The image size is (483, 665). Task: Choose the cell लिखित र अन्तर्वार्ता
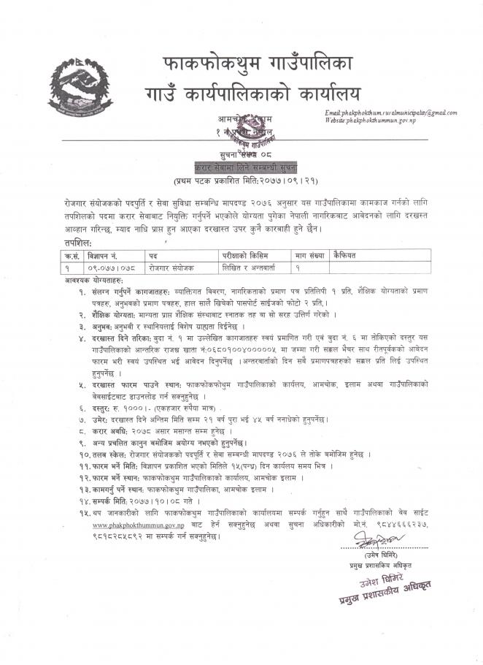click(x=252, y=268)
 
